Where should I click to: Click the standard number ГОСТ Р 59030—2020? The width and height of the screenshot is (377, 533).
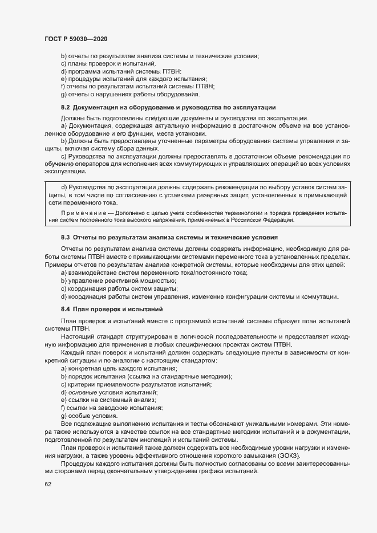pyautogui.click(x=76, y=39)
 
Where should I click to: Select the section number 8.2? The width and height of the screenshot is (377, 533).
pyautogui.click(x=65, y=107)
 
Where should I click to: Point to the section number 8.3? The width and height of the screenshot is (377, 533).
pyautogui.click(x=65, y=236)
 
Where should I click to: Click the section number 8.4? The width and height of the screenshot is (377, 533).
pyautogui.click(x=65, y=308)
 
